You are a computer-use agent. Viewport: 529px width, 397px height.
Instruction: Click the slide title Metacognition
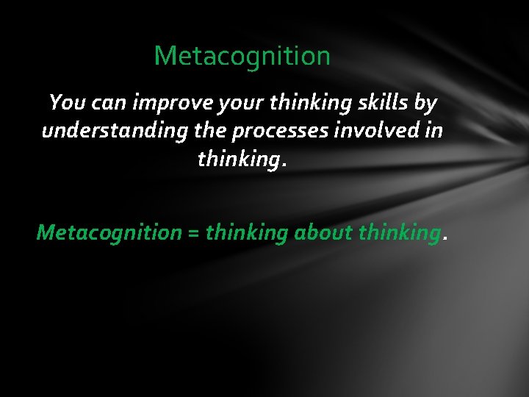coord(242,56)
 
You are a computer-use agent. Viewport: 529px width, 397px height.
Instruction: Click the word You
coord(67,103)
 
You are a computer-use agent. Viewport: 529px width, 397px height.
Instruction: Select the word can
coord(109,103)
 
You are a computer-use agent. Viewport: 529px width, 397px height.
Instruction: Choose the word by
coord(425,104)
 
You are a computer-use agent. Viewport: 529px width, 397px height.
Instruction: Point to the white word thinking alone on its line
coord(240,160)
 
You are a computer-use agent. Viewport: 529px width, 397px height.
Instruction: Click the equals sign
coord(193,234)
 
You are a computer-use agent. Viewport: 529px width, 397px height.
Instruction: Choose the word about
coord(324,233)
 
